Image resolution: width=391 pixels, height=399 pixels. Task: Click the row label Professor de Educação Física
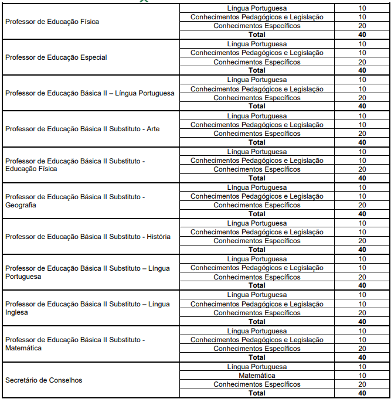click(x=52, y=22)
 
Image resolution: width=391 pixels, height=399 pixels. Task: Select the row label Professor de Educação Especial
click(x=56, y=57)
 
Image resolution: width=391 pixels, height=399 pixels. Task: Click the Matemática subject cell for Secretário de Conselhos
click(x=257, y=376)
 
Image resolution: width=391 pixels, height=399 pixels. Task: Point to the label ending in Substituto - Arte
click(x=82, y=129)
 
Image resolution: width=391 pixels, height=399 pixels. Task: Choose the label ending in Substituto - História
click(x=88, y=237)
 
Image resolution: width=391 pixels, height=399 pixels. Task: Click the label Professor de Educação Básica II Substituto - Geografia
click(x=75, y=201)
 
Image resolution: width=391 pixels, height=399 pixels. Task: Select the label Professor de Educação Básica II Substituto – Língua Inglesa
click(x=87, y=308)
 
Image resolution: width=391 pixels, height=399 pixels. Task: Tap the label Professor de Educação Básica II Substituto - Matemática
click(x=75, y=344)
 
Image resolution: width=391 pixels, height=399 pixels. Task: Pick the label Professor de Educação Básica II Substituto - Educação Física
click(x=75, y=165)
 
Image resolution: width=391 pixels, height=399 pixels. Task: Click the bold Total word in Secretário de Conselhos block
click(x=257, y=393)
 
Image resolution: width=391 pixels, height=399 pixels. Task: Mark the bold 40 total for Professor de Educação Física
click(x=362, y=35)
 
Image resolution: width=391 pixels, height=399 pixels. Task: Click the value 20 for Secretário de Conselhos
click(x=362, y=384)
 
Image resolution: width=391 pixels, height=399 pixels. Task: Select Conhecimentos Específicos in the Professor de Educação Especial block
click(x=257, y=62)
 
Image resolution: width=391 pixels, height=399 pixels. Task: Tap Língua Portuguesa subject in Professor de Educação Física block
click(x=257, y=8)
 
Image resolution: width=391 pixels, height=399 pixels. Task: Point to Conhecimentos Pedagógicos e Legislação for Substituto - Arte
click(x=257, y=125)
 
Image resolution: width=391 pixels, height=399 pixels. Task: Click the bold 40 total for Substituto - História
click(x=362, y=250)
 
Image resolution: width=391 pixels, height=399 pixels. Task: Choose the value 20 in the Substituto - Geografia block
click(x=362, y=205)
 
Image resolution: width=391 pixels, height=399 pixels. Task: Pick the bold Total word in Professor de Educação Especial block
click(x=257, y=70)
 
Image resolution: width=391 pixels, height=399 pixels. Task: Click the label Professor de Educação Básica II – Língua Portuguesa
click(x=90, y=93)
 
